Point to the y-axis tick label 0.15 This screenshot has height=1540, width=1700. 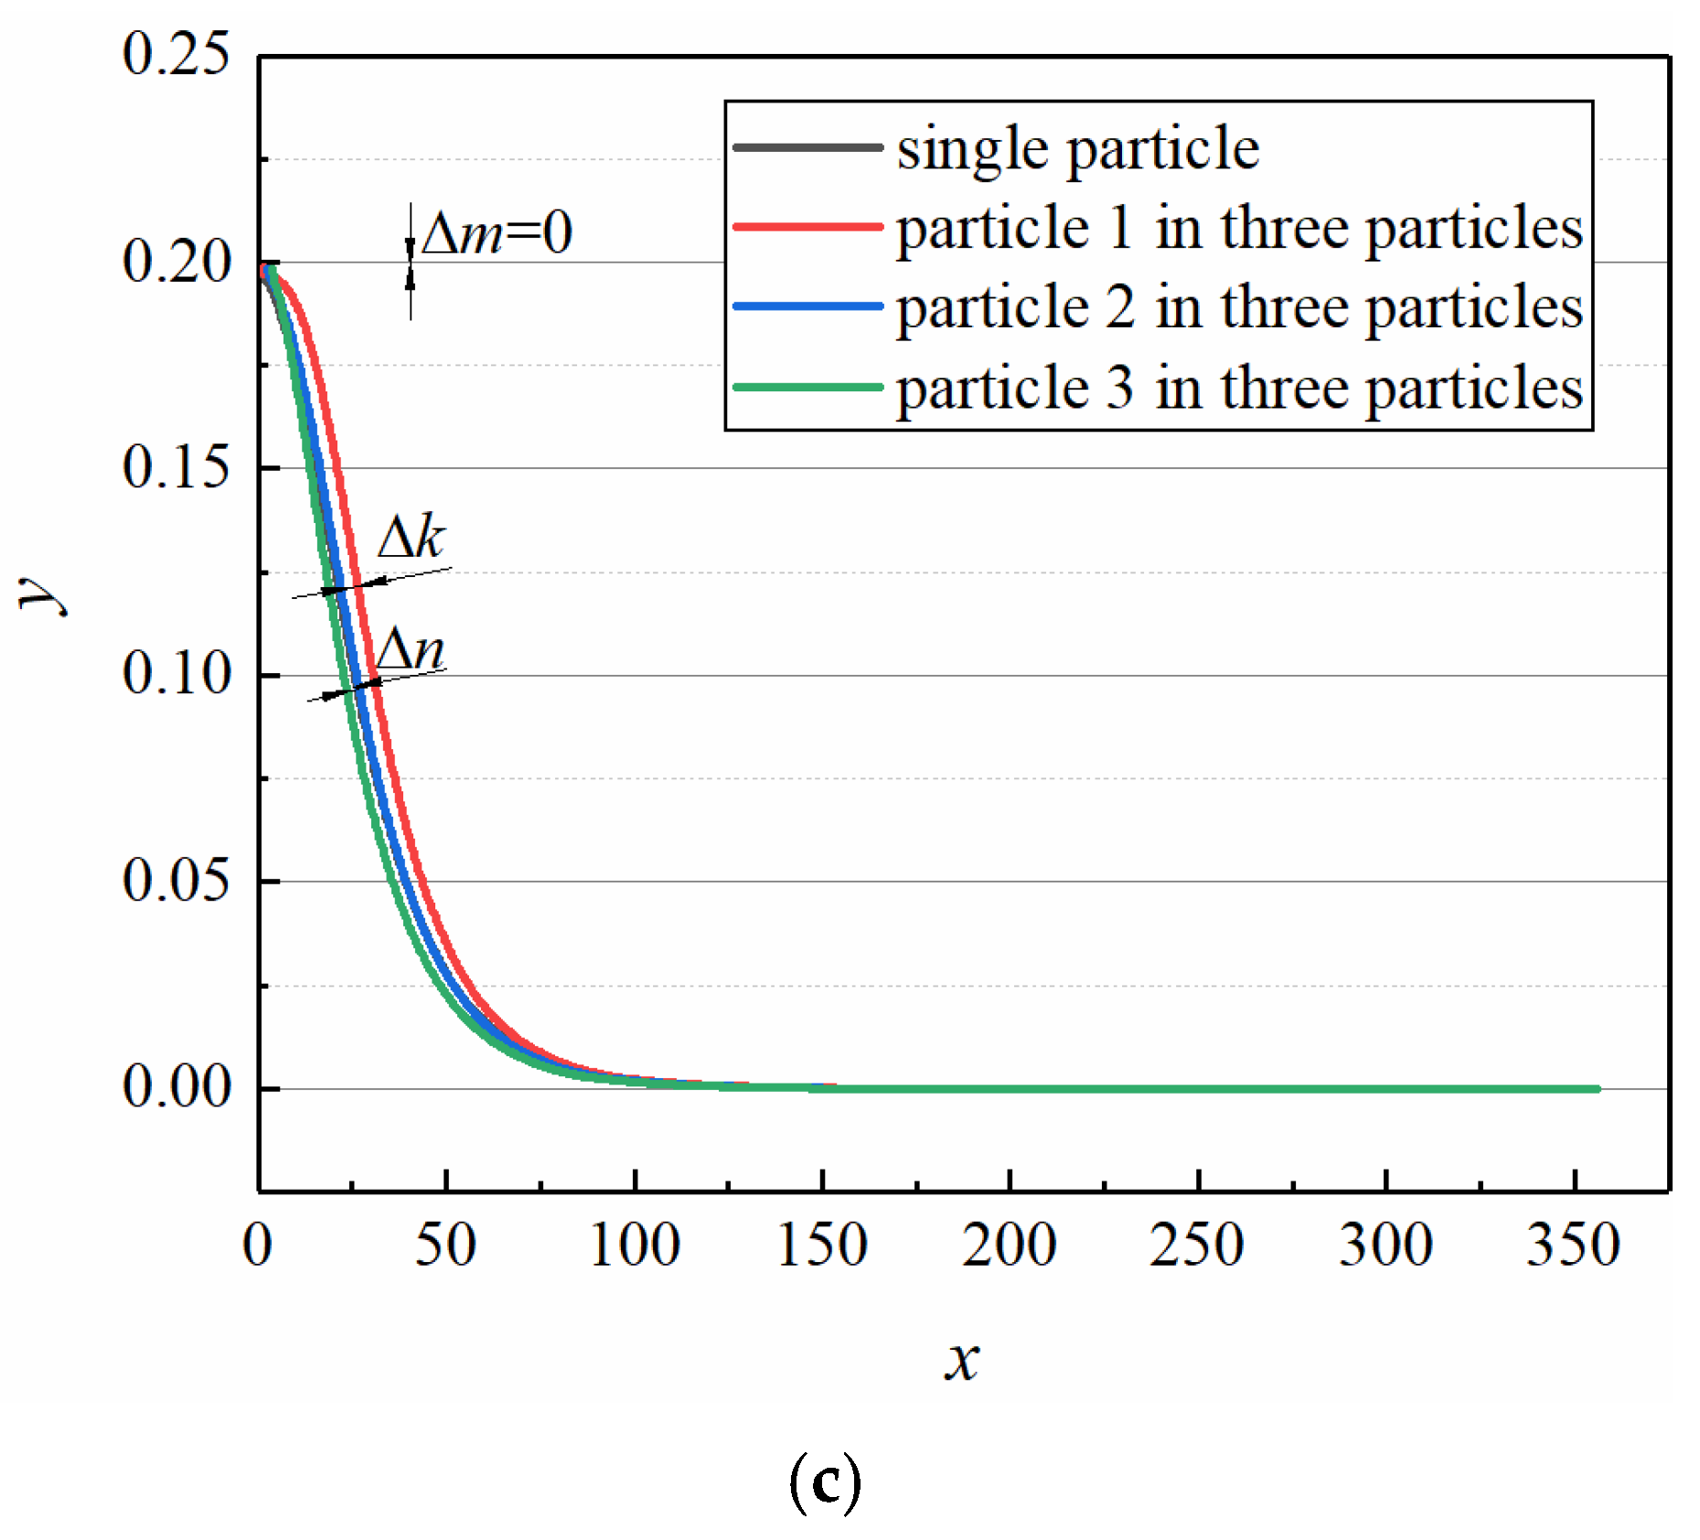point(176,467)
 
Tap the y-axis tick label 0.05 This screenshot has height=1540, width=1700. point(176,881)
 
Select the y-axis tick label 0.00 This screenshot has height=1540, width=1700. point(176,1087)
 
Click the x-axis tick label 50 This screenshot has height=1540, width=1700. point(445,1246)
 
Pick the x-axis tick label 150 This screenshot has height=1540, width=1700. point(822,1246)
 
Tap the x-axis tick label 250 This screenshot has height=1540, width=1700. point(1197,1246)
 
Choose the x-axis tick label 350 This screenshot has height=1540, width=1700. point(1573,1246)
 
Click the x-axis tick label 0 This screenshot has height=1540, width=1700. point(258,1246)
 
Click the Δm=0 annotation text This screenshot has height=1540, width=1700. point(497,232)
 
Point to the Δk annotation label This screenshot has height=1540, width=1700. point(412,537)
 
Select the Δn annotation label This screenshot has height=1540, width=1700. point(411,650)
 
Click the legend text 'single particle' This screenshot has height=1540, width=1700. point(1077,149)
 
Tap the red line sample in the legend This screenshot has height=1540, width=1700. point(807,226)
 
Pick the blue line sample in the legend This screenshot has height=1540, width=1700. point(807,306)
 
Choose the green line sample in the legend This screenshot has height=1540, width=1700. point(807,387)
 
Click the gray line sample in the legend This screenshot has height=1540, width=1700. point(807,146)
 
